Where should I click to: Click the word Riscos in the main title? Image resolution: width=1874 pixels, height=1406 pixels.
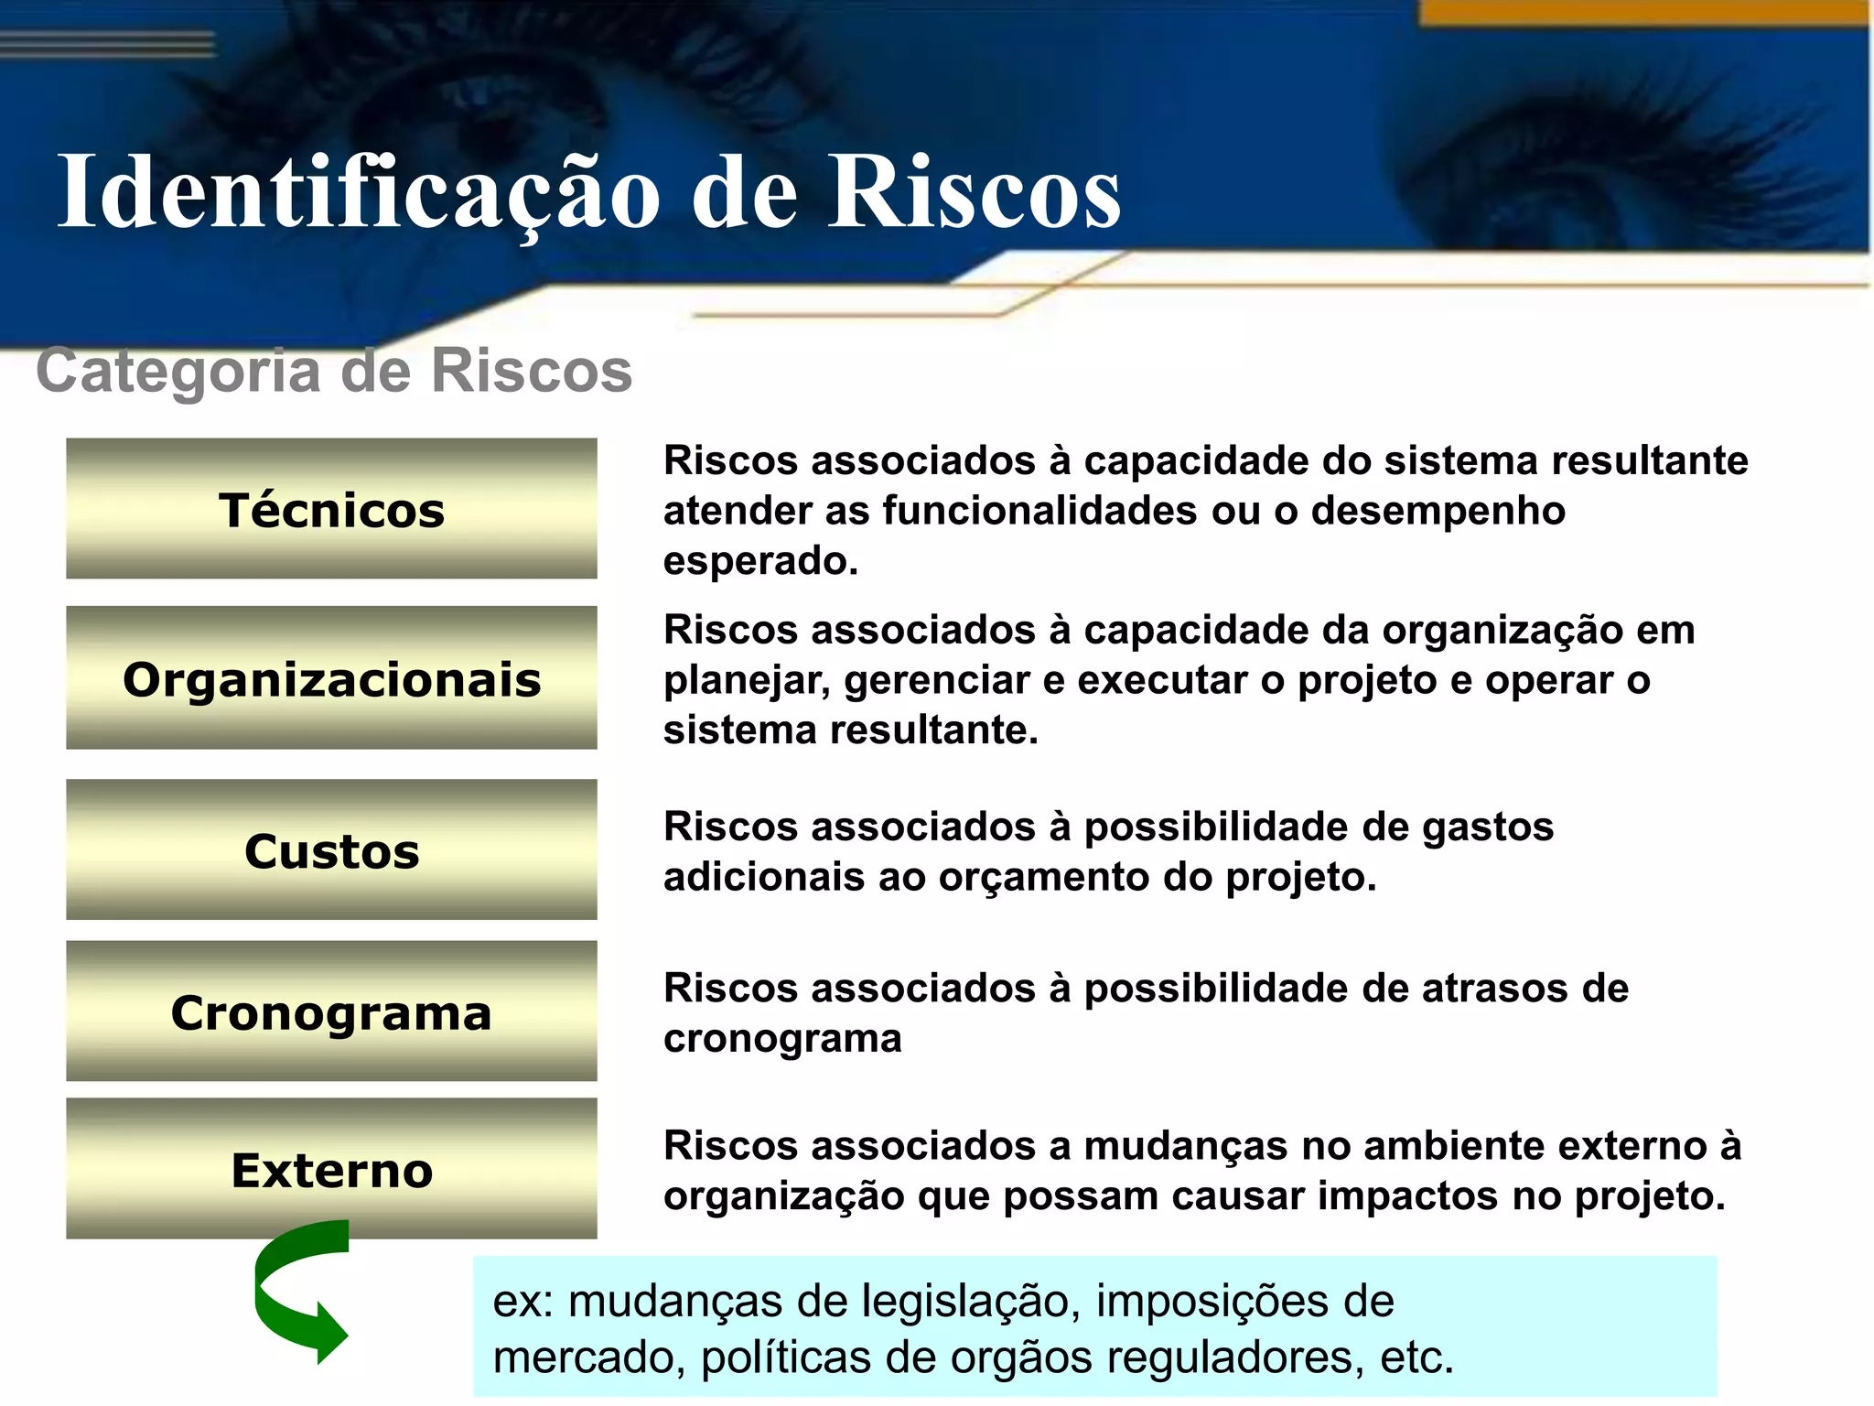click(974, 192)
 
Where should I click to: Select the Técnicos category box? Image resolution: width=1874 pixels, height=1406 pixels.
click(331, 509)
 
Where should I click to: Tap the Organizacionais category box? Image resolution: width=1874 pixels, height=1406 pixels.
click(331, 678)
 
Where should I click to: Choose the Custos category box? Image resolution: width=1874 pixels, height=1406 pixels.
click(331, 850)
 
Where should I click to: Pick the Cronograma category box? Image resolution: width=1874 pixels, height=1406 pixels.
click(331, 1011)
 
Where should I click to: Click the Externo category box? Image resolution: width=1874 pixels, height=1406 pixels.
click(331, 1169)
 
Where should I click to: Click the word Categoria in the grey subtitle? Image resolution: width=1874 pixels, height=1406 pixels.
click(178, 371)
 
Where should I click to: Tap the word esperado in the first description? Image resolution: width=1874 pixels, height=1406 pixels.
click(759, 560)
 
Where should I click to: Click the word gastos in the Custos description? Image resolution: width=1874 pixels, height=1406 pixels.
click(1487, 826)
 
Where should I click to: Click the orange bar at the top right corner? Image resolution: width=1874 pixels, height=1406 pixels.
click(1642, 12)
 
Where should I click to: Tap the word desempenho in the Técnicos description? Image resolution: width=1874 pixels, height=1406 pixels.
click(1438, 511)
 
